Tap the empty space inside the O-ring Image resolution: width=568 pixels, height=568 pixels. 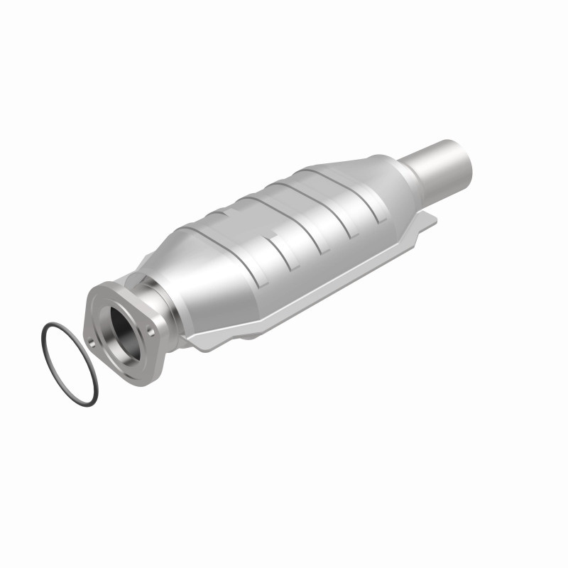pos(69,363)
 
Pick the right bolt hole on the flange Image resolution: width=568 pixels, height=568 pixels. pos(151,329)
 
